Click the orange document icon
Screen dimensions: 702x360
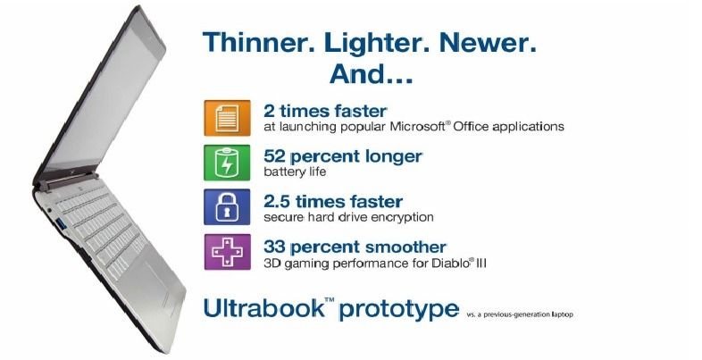click(227, 118)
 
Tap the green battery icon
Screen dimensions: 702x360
click(227, 163)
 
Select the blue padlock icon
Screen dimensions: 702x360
click(227, 207)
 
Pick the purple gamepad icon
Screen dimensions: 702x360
click(227, 252)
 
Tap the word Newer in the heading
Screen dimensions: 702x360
click(488, 43)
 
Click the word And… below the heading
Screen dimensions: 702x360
click(372, 74)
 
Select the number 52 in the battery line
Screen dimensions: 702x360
click(274, 156)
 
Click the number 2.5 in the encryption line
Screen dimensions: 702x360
click(277, 202)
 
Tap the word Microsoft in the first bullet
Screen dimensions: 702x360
click(419, 126)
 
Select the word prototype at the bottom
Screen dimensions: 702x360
click(399, 310)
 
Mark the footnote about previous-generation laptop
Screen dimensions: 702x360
click(520, 314)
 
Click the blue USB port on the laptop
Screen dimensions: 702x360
click(62, 223)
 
